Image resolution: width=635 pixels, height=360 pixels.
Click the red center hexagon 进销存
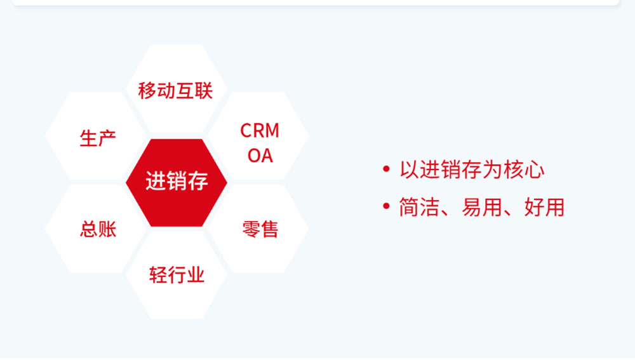[177, 183]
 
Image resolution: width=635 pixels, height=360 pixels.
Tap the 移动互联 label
[175, 90]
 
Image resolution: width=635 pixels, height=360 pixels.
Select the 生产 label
[98, 138]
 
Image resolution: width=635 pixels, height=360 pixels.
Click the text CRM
[260, 130]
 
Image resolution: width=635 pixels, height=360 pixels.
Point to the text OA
[260, 156]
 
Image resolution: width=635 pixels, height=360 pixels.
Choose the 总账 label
[98, 229]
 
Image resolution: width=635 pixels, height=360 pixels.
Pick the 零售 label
[260, 229]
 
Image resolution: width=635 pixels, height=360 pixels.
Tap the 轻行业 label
[177, 275]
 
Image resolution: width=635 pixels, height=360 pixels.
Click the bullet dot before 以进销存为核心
[386, 169]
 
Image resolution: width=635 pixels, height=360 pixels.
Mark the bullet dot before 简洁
[386, 206]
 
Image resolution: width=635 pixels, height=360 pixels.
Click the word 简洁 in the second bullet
[419, 208]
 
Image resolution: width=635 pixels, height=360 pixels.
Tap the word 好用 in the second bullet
[544, 208]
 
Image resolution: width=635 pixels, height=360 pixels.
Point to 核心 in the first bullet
[524, 170]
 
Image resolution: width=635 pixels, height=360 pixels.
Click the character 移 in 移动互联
[147, 90]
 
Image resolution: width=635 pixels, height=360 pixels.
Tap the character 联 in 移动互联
[204, 90]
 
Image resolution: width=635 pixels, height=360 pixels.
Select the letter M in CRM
[271, 130]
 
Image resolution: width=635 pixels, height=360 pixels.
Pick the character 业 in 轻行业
[196, 275]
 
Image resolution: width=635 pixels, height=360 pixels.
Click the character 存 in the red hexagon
[198, 180]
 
